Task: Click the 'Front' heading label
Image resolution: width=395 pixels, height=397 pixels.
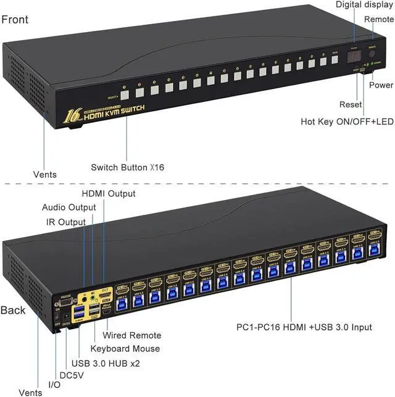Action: tap(15, 19)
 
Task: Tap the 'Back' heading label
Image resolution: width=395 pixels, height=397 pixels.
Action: tap(14, 309)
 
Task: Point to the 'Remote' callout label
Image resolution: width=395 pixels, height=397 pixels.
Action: tap(378, 19)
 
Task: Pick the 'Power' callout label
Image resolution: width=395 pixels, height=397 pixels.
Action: tap(381, 85)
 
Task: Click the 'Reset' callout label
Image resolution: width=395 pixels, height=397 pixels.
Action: tap(351, 104)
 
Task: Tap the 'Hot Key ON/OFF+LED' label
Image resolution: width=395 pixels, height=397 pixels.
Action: tap(347, 122)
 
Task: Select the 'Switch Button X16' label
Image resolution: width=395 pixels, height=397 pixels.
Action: tap(128, 167)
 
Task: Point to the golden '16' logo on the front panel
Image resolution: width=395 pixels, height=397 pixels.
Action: tap(72, 115)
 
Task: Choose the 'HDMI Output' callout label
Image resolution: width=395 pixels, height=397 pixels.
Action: tap(109, 194)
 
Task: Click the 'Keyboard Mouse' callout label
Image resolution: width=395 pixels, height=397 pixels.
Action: tap(125, 349)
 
